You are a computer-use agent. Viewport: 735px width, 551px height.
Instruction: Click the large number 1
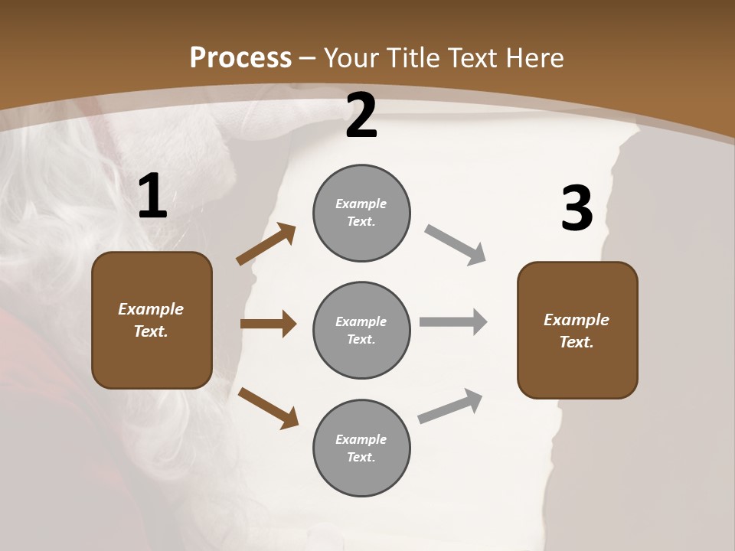coord(152,197)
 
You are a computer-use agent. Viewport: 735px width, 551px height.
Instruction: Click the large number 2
coord(361,116)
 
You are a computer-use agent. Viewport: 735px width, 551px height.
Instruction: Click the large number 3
coord(577,209)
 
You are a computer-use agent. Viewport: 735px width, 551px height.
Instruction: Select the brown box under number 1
coord(152,320)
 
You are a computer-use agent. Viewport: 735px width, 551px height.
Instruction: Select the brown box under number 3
coord(577,330)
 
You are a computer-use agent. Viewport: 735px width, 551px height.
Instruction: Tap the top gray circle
coord(361,213)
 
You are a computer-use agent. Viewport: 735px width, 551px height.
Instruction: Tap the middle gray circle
coord(361,330)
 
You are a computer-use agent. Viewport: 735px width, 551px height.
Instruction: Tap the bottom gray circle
coord(361,448)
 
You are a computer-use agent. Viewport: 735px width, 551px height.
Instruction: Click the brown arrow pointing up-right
coord(266,244)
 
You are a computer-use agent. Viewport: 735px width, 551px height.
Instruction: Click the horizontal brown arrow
coord(268,324)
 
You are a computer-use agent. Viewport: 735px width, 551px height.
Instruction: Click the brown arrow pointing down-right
coord(268,408)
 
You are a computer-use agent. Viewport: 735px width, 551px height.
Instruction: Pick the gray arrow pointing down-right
coord(456,245)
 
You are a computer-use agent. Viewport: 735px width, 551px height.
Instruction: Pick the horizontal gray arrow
coord(453,322)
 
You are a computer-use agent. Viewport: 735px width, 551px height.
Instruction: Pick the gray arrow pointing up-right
coord(451,406)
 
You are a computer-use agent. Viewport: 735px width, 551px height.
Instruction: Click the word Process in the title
coord(240,57)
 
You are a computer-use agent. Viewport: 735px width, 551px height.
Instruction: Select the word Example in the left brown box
coord(151,309)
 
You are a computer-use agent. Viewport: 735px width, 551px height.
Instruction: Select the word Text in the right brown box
coord(575,342)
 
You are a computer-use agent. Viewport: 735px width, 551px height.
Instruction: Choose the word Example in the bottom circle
coord(361,439)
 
